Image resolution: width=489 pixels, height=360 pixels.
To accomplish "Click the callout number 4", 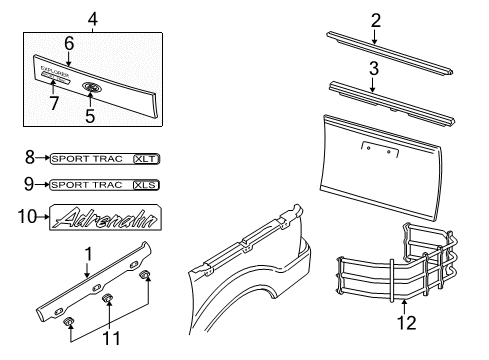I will click(x=93, y=17).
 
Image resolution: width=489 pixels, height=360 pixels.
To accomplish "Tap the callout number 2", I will click(x=376, y=19).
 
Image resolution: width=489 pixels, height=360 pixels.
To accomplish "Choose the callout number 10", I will click(x=30, y=215).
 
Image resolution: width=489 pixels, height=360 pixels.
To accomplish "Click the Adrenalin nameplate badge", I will click(x=100, y=216).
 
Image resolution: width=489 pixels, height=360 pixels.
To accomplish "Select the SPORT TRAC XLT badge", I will click(x=105, y=158).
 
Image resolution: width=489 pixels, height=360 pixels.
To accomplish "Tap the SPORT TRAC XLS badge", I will click(x=105, y=185).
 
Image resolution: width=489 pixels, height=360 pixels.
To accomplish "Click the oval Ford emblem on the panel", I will click(x=92, y=88).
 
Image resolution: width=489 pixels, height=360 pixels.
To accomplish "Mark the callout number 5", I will click(x=91, y=112).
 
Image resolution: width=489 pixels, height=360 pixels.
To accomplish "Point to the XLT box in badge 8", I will click(x=147, y=158).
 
